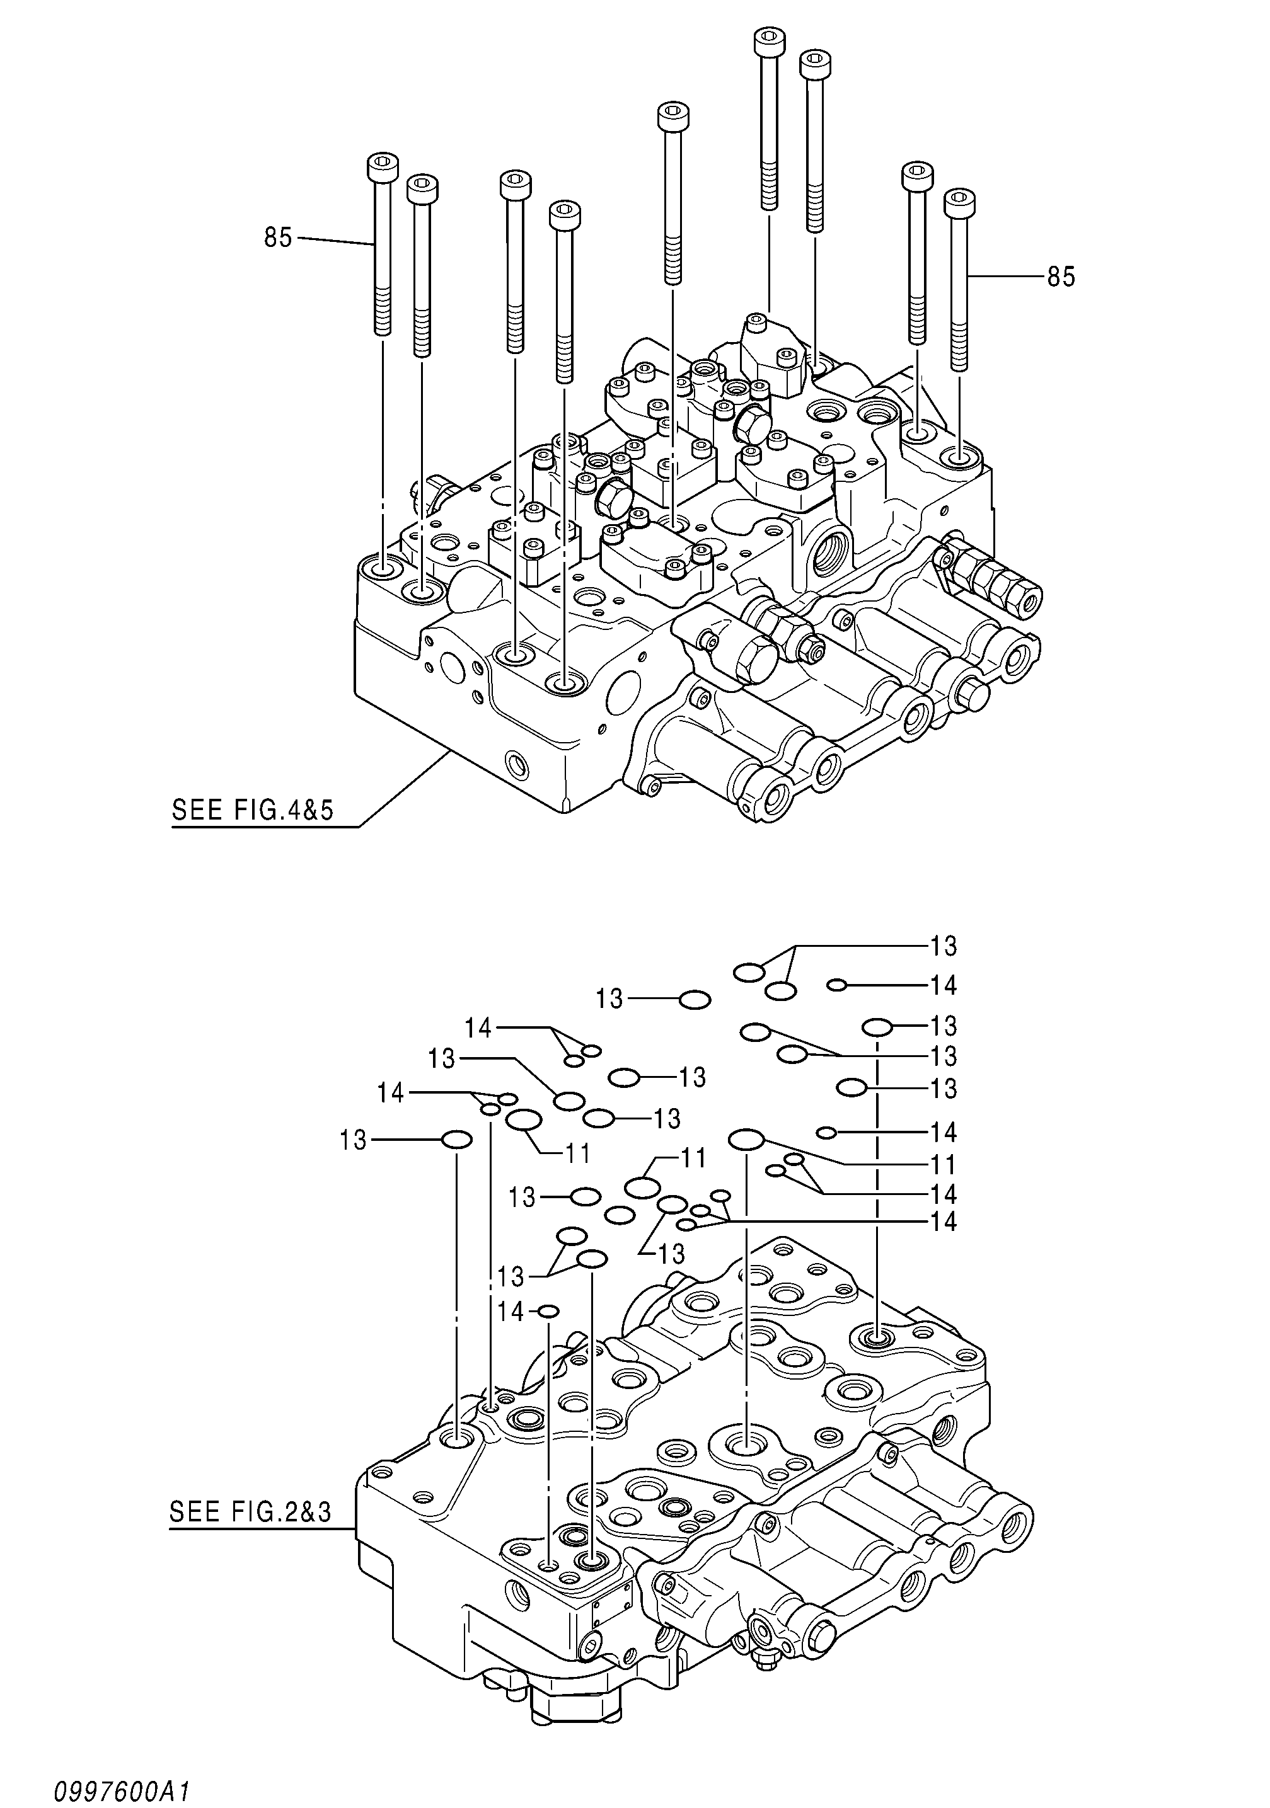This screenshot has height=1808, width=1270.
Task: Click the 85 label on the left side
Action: tap(278, 237)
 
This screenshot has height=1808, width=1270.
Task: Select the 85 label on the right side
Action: tap(1060, 277)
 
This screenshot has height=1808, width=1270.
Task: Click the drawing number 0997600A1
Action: tap(122, 1790)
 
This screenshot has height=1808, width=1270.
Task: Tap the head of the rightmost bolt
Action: tap(959, 203)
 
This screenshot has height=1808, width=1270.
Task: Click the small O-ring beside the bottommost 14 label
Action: tap(548, 1311)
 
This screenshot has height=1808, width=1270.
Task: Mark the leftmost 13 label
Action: tap(354, 1140)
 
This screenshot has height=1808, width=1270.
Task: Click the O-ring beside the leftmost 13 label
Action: tap(456, 1140)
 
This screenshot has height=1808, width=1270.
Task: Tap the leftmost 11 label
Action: tap(579, 1153)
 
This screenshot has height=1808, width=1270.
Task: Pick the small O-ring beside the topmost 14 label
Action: tap(838, 984)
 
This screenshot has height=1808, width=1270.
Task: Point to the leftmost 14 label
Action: tap(391, 1092)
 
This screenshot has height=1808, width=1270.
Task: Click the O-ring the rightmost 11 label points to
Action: tap(746, 1139)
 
